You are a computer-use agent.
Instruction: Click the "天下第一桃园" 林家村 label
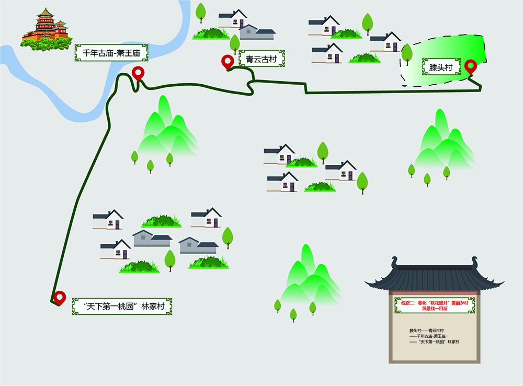point(123,306)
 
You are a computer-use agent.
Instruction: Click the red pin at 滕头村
point(471,66)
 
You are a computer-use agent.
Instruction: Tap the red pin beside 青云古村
point(228,62)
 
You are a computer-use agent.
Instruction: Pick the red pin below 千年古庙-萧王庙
point(138,73)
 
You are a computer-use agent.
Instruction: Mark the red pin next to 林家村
point(60,298)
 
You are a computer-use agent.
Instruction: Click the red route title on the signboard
point(435,305)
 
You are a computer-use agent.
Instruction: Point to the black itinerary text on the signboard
point(434,336)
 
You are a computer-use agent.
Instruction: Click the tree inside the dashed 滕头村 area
point(407,53)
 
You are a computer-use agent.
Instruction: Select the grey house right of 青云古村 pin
point(256,32)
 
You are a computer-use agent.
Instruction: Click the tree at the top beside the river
point(201,11)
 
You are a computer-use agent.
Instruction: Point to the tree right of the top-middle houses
point(368,22)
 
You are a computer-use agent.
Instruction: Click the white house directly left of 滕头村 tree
point(385,41)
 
